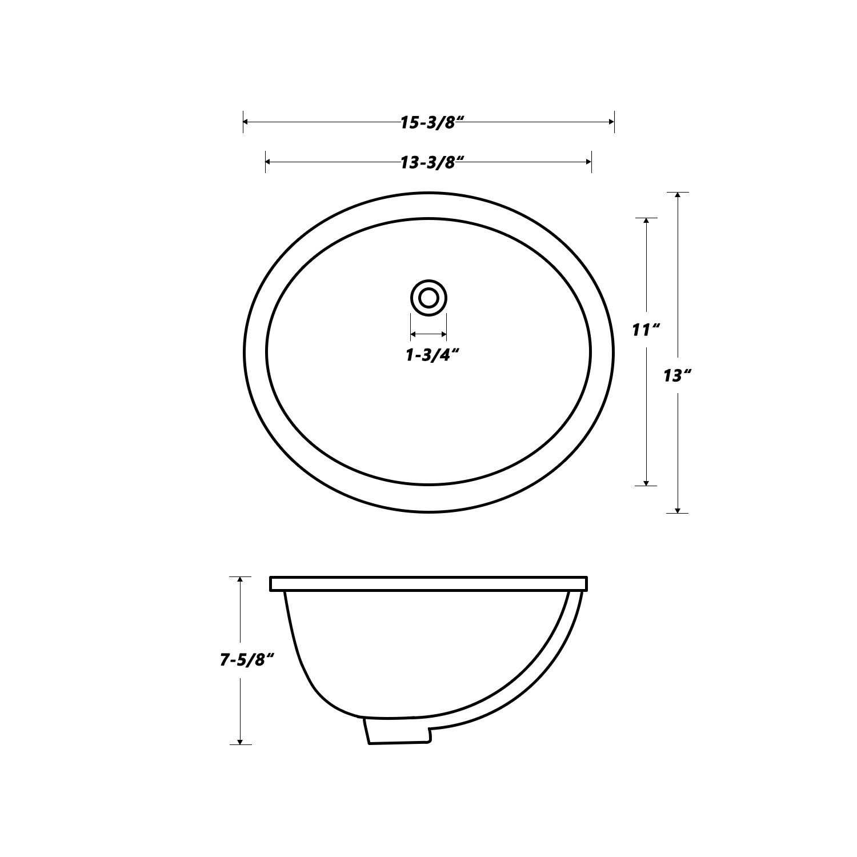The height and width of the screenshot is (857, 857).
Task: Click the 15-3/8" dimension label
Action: [431, 123]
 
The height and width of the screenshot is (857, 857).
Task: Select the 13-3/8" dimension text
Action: [431, 163]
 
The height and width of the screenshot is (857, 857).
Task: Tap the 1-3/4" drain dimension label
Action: [432, 355]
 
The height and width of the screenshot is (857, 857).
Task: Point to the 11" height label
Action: [646, 330]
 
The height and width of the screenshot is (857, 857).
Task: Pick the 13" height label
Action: [678, 376]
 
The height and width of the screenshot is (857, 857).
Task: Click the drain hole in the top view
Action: [428, 298]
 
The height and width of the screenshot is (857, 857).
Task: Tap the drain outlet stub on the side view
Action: [397, 731]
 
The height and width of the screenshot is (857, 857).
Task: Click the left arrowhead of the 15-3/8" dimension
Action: [247, 122]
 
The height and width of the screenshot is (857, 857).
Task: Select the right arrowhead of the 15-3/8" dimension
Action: [611, 122]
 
